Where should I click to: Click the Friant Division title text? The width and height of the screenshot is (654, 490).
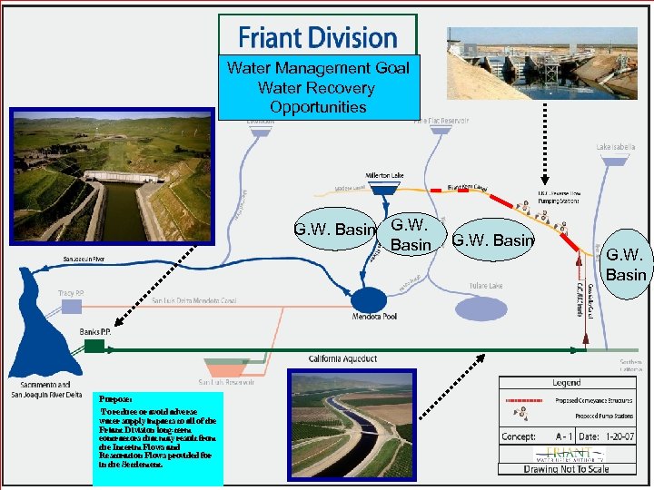point(318,38)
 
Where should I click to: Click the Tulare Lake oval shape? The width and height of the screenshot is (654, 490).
point(481,309)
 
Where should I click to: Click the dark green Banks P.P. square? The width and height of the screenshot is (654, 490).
point(94,346)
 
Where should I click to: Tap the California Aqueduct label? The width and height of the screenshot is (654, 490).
point(342,359)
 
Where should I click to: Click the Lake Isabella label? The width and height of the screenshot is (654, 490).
point(615,147)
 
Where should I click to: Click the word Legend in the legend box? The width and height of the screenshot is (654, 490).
point(566,383)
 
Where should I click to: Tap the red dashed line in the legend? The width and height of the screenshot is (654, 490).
point(531,398)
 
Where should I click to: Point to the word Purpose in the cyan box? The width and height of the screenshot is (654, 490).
point(116,397)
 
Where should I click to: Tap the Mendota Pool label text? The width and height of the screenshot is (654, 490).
point(372,318)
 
